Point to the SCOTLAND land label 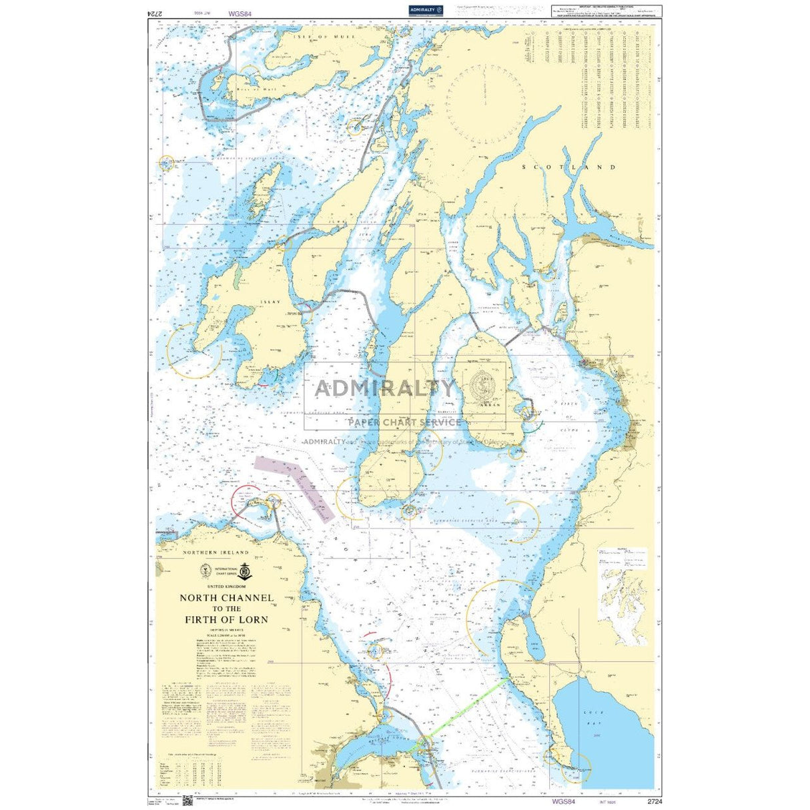pos(568,167)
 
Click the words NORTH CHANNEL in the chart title pos(226,598)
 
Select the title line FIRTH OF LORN pos(226,620)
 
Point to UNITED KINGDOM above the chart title pos(226,586)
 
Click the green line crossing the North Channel pos(467,707)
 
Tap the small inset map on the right pos(623,596)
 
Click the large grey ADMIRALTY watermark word pos(384,387)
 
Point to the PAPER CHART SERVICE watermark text pos(403,422)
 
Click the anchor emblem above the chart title pos(244,570)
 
